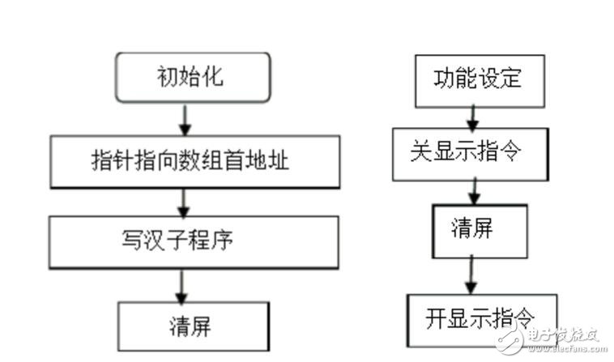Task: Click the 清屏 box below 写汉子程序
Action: (x=193, y=326)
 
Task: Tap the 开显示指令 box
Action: (x=481, y=318)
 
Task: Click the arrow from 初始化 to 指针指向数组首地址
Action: (x=185, y=119)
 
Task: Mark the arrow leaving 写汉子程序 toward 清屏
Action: (x=181, y=286)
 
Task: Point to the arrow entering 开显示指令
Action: (x=470, y=275)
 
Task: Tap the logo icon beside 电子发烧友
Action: (x=509, y=339)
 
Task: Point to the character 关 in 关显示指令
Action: (x=420, y=153)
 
